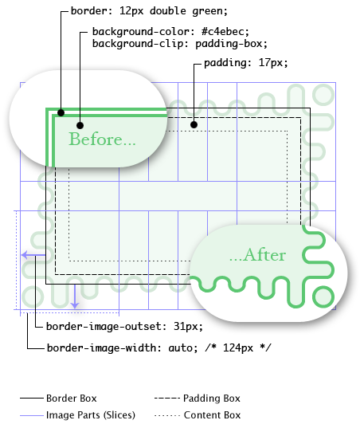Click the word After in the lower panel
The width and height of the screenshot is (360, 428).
click(264, 255)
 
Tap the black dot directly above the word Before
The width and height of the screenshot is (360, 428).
click(80, 125)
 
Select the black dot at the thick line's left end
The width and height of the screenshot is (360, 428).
click(61, 112)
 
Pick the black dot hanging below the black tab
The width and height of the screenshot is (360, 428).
click(194, 124)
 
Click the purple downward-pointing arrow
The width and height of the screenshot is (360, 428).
click(74, 298)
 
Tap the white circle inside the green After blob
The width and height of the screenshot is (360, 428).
click(323, 296)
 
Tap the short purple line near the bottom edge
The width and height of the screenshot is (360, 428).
click(33, 415)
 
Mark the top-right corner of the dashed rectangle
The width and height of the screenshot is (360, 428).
click(301, 118)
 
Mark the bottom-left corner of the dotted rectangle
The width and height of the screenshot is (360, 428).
click(69, 261)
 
